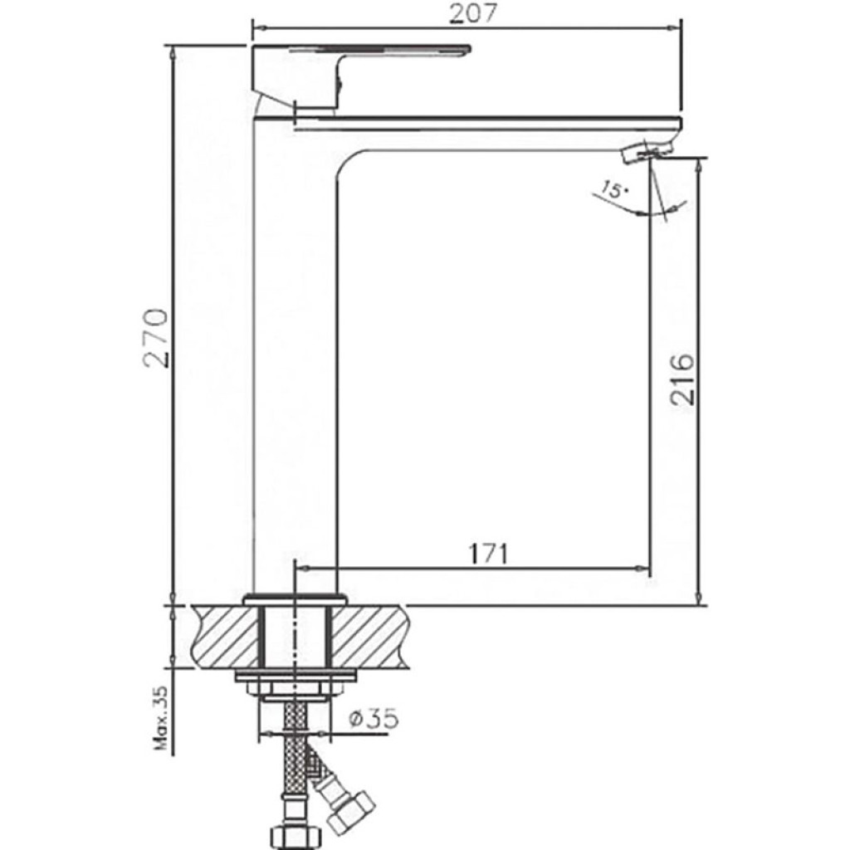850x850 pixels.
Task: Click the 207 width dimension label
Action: click(x=472, y=13)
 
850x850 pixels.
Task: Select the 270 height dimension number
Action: click(x=156, y=339)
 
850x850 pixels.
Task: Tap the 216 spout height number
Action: click(x=681, y=379)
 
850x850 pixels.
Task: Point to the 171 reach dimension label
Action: click(x=488, y=554)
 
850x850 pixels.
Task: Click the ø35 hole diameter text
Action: click(x=374, y=719)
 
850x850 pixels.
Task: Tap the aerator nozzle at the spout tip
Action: click(x=647, y=151)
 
